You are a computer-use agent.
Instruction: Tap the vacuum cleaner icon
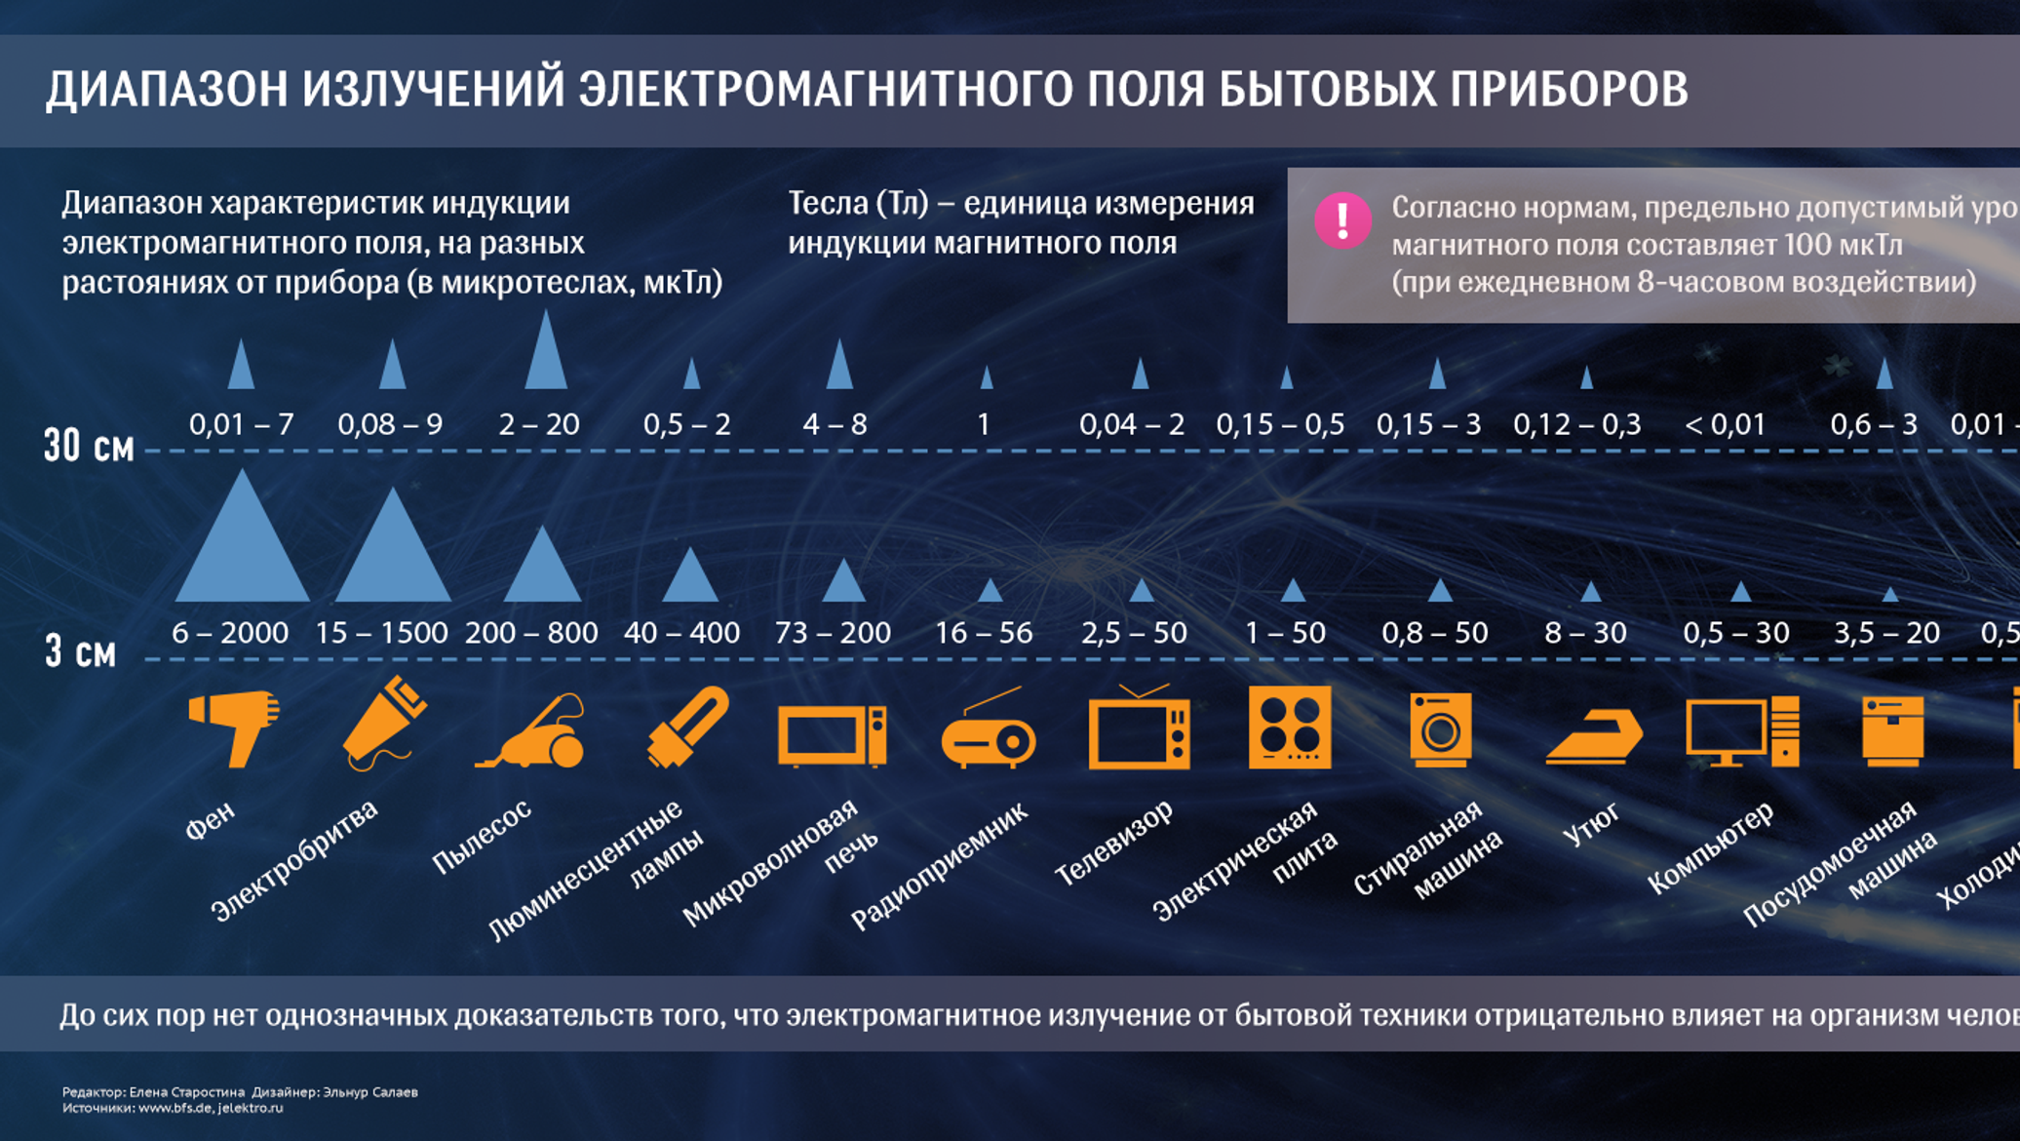pyautogui.click(x=532, y=733)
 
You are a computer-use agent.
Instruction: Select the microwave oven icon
pyautogui.click(x=832, y=735)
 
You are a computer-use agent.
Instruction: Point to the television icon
pyautogui.click(x=1139, y=731)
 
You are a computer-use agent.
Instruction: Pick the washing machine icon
pyautogui.click(x=1440, y=729)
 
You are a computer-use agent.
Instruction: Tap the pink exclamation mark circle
pyautogui.click(x=1342, y=220)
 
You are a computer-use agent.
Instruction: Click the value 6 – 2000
pyautogui.click(x=230, y=633)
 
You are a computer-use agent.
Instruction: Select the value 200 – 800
pyautogui.click(x=531, y=633)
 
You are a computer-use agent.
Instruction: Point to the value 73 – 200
pyautogui.click(x=833, y=633)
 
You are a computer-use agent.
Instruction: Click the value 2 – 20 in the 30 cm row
pyautogui.click(x=539, y=424)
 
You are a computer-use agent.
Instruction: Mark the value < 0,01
pyautogui.click(x=1725, y=424)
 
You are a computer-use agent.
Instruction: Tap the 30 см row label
pyautogui.click(x=89, y=447)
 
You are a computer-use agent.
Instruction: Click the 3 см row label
pyautogui.click(x=81, y=651)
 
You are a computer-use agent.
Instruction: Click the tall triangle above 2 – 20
pyautogui.click(x=546, y=353)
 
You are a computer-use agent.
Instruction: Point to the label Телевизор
pyautogui.click(x=1114, y=843)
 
